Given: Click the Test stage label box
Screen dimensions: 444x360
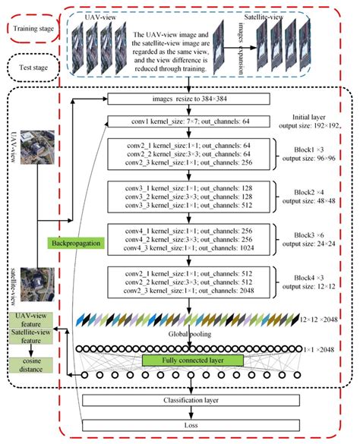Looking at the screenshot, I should coord(31,70).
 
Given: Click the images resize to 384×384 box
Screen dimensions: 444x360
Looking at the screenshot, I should coord(200,99).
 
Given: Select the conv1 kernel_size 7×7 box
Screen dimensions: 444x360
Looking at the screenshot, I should coord(200,119).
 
